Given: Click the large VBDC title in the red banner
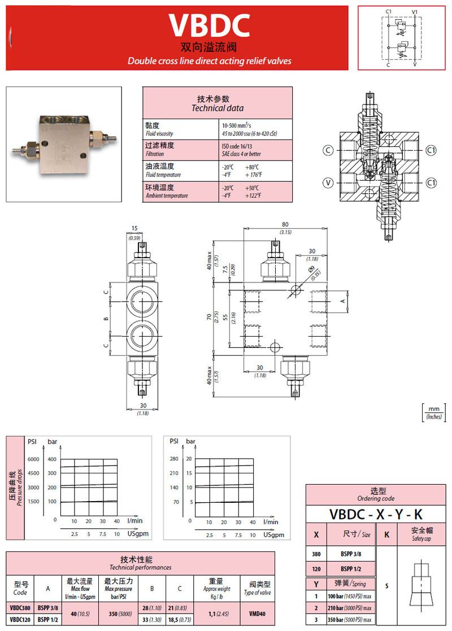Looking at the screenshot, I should pyautogui.click(x=209, y=25).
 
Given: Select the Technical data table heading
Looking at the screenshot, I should pyautogui.click(x=217, y=103).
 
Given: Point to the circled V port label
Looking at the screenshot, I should pyautogui.click(x=328, y=182).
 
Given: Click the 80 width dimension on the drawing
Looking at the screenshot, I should pyautogui.click(x=286, y=224).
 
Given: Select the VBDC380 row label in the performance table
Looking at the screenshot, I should pyautogui.click(x=20, y=608).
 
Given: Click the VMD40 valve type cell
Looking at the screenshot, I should pyautogui.click(x=257, y=613).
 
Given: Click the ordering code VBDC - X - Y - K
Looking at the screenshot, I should pyautogui.click(x=376, y=514).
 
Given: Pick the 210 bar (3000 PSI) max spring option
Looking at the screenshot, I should pyautogui.click(x=349, y=608).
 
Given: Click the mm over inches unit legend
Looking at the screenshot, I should pyautogui.click(x=434, y=413).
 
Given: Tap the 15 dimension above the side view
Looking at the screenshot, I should pyautogui.click(x=134, y=228).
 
